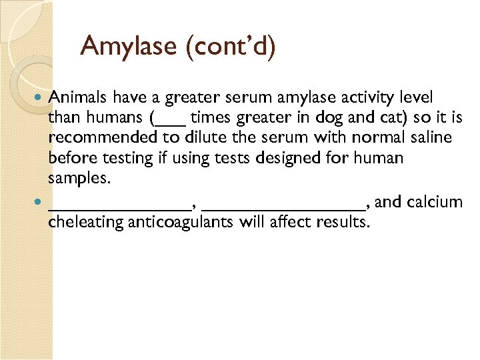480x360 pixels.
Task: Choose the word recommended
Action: pyautogui.click(x=99, y=138)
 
